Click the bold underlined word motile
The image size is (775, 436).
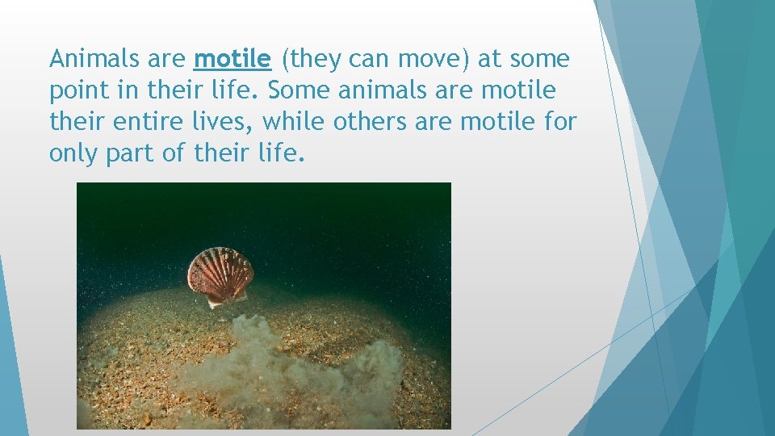click(233, 59)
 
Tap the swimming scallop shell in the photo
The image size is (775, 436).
click(220, 275)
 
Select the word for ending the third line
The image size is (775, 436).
click(559, 121)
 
